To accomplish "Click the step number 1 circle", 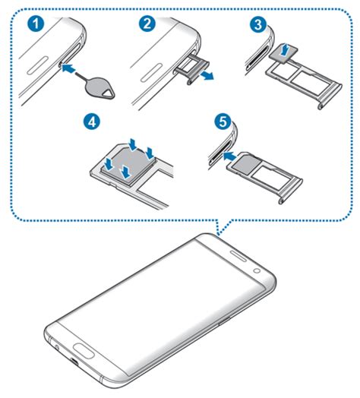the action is (x=36, y=24).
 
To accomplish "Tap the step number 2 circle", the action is (x=147, y=24).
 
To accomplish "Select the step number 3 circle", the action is (x=258, y=25).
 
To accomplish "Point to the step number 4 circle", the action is (x=92, y=122).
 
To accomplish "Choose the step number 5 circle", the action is (x=223, y=122).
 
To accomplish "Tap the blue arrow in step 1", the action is (x=69, y=68).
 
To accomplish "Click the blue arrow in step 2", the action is (x=206, y=75).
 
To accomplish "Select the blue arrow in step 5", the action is (x=231, y=156).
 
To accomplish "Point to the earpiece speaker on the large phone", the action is (x=238, y=255).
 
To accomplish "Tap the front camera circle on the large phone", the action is (x=257, y=270).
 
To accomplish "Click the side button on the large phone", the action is (x=223, y=321).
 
